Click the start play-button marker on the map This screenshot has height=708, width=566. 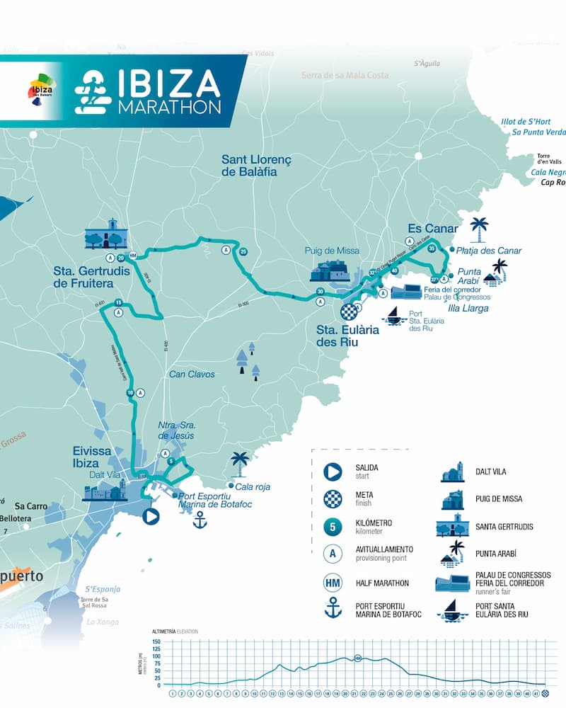pyautogui.click(x=150, y=516)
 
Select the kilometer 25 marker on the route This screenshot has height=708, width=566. pyautogui.click(x=243, y=251)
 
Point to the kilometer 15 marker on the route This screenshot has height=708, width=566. pyautogui.click(x=118, y=303)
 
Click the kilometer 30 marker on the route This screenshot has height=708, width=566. pyautogui.click(x=320, y=292)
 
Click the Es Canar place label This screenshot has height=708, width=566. pyautogui.click(x=433, y=229)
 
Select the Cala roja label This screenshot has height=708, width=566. pyautogui.click(x=253, y=486)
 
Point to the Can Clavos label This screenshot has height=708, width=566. pyautogui.click(x=192, y=374)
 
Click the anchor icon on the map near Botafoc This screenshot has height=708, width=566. pyautogui.click(x=200, y=522)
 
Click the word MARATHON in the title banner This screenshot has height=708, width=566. pyautogui.click(x=169, y=107)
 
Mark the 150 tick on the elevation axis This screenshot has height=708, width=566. pyautogui.click(x=156, y=641)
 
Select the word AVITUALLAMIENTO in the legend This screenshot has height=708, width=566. pyautogui.click(x=384, y=549)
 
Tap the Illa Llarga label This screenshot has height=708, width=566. pyautogui.click(x=468, y=308)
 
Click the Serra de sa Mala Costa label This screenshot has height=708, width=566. pyautogui.click(x=345, y=75)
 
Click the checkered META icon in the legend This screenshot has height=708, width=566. pyautogui.click(x=333, y=499)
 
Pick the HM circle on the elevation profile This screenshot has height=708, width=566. pyautogui.click(x=358, y=658)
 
